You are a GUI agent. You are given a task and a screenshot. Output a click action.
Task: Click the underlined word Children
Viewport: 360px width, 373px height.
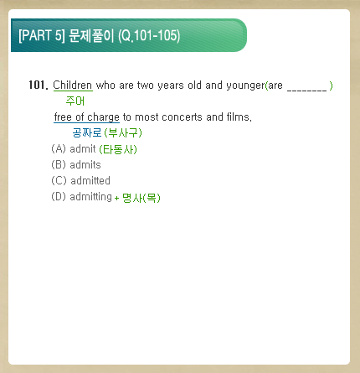(73, 85)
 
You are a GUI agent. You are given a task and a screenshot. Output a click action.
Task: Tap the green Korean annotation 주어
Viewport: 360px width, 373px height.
(75, 101)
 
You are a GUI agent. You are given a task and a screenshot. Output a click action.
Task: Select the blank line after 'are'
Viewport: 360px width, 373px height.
(306, 90)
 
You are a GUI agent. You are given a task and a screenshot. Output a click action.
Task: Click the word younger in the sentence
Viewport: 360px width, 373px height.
(245, 85)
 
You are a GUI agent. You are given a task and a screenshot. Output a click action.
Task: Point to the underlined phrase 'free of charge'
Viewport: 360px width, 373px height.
(87, 117)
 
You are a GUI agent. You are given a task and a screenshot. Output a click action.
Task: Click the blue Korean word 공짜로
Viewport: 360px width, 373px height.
(87, 132)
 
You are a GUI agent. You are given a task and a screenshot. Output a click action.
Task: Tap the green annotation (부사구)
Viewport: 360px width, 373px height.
(123, 132)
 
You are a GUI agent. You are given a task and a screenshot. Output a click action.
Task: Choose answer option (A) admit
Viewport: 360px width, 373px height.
(74, 149)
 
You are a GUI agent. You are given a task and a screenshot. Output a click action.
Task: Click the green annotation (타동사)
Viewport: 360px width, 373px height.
(118, 149)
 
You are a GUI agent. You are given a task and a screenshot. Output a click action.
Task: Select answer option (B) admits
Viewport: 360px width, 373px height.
(76, 165)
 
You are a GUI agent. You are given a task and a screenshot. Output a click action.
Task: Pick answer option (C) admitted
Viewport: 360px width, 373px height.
(81, 181)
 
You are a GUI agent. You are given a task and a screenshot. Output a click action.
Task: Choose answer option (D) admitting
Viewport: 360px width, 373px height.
(81, 197)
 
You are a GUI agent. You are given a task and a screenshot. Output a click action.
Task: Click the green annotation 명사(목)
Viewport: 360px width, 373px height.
(141, 198)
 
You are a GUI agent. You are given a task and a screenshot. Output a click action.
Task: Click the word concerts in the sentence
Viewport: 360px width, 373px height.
(182, 117)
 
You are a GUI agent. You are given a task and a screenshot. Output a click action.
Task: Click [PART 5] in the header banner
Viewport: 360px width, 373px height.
(42, 35)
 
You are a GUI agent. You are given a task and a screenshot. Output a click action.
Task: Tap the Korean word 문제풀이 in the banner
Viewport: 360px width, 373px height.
(91, 35)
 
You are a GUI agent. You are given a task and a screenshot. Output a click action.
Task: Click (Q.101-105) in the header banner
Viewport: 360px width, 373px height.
(149, 36)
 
